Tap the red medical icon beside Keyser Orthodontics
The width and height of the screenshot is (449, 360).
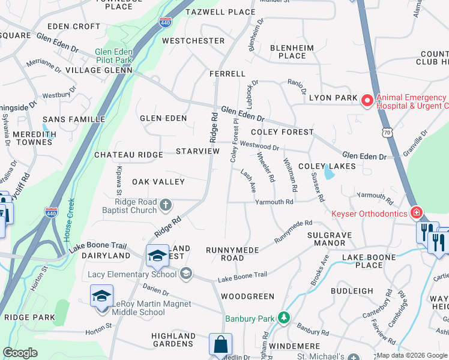tap(416, 212)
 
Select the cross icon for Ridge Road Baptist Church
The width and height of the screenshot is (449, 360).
tap(166, 206)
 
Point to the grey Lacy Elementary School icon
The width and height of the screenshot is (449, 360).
tap(186, 274)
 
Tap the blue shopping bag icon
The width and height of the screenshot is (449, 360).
tap(220, 344)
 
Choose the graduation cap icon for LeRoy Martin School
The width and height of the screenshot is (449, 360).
tap(102, 296)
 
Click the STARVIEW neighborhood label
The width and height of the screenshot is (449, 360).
tap(197, 151)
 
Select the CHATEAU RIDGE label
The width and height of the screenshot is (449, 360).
tap(128, 155)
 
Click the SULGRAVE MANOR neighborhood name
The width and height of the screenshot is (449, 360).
tap(327, 239)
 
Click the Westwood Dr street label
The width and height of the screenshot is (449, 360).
tap(259, 145)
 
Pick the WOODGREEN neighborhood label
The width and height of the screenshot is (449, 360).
tap(247, 296)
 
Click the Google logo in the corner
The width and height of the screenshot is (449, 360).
tap(20, 353)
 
